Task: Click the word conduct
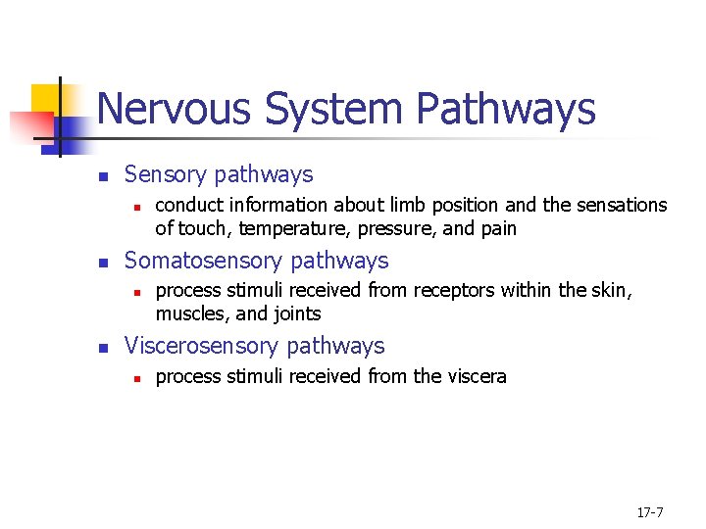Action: click(x=186, y=206)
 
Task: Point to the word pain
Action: click(x=497, y=229)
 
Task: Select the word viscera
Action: click(x=476, y=377)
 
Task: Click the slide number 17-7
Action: click(x=650, y=512)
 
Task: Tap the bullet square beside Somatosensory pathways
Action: click(x=103, y=263)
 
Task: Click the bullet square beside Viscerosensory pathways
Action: click(x=103, y=348)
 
